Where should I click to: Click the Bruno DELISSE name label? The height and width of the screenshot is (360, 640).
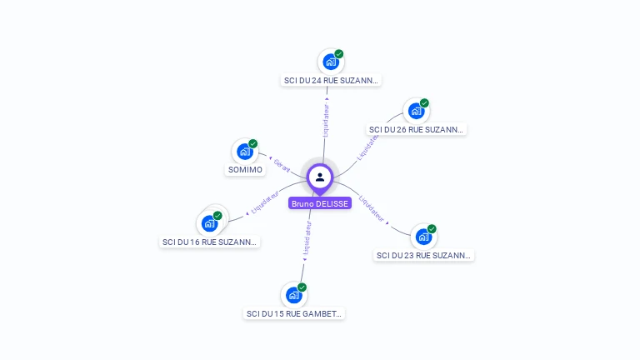320,203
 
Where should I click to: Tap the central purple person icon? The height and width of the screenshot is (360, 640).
320,177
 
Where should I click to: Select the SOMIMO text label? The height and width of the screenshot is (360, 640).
245,170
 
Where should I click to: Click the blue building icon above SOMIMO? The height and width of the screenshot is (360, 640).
244,152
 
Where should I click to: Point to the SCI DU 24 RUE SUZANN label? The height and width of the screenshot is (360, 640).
331,81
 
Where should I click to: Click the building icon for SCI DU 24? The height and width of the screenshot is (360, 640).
331,62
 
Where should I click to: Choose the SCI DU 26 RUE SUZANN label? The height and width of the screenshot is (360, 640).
416,130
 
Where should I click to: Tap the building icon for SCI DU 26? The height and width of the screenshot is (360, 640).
416,111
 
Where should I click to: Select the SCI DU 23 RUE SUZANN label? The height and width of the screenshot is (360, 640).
424,256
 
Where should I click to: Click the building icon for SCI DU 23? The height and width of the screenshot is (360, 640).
423,237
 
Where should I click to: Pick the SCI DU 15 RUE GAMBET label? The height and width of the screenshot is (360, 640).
294,314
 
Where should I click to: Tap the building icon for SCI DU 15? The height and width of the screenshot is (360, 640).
293,295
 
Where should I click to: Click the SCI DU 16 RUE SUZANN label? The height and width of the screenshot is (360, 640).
209,242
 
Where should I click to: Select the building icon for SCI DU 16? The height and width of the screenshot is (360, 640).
209,223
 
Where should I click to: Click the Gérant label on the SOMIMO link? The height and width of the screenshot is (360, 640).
282,164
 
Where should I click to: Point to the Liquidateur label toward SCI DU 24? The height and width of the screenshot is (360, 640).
326,120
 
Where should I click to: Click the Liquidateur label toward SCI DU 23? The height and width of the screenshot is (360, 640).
372,209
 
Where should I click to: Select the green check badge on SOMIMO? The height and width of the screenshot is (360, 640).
253,143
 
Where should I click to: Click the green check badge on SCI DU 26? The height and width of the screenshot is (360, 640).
424,103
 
